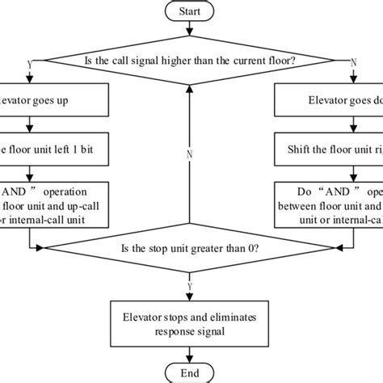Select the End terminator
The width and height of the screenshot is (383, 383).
point(191,372)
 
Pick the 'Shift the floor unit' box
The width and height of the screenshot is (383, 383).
point(328,149)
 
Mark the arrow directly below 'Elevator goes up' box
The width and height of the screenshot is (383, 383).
point(30,125)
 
